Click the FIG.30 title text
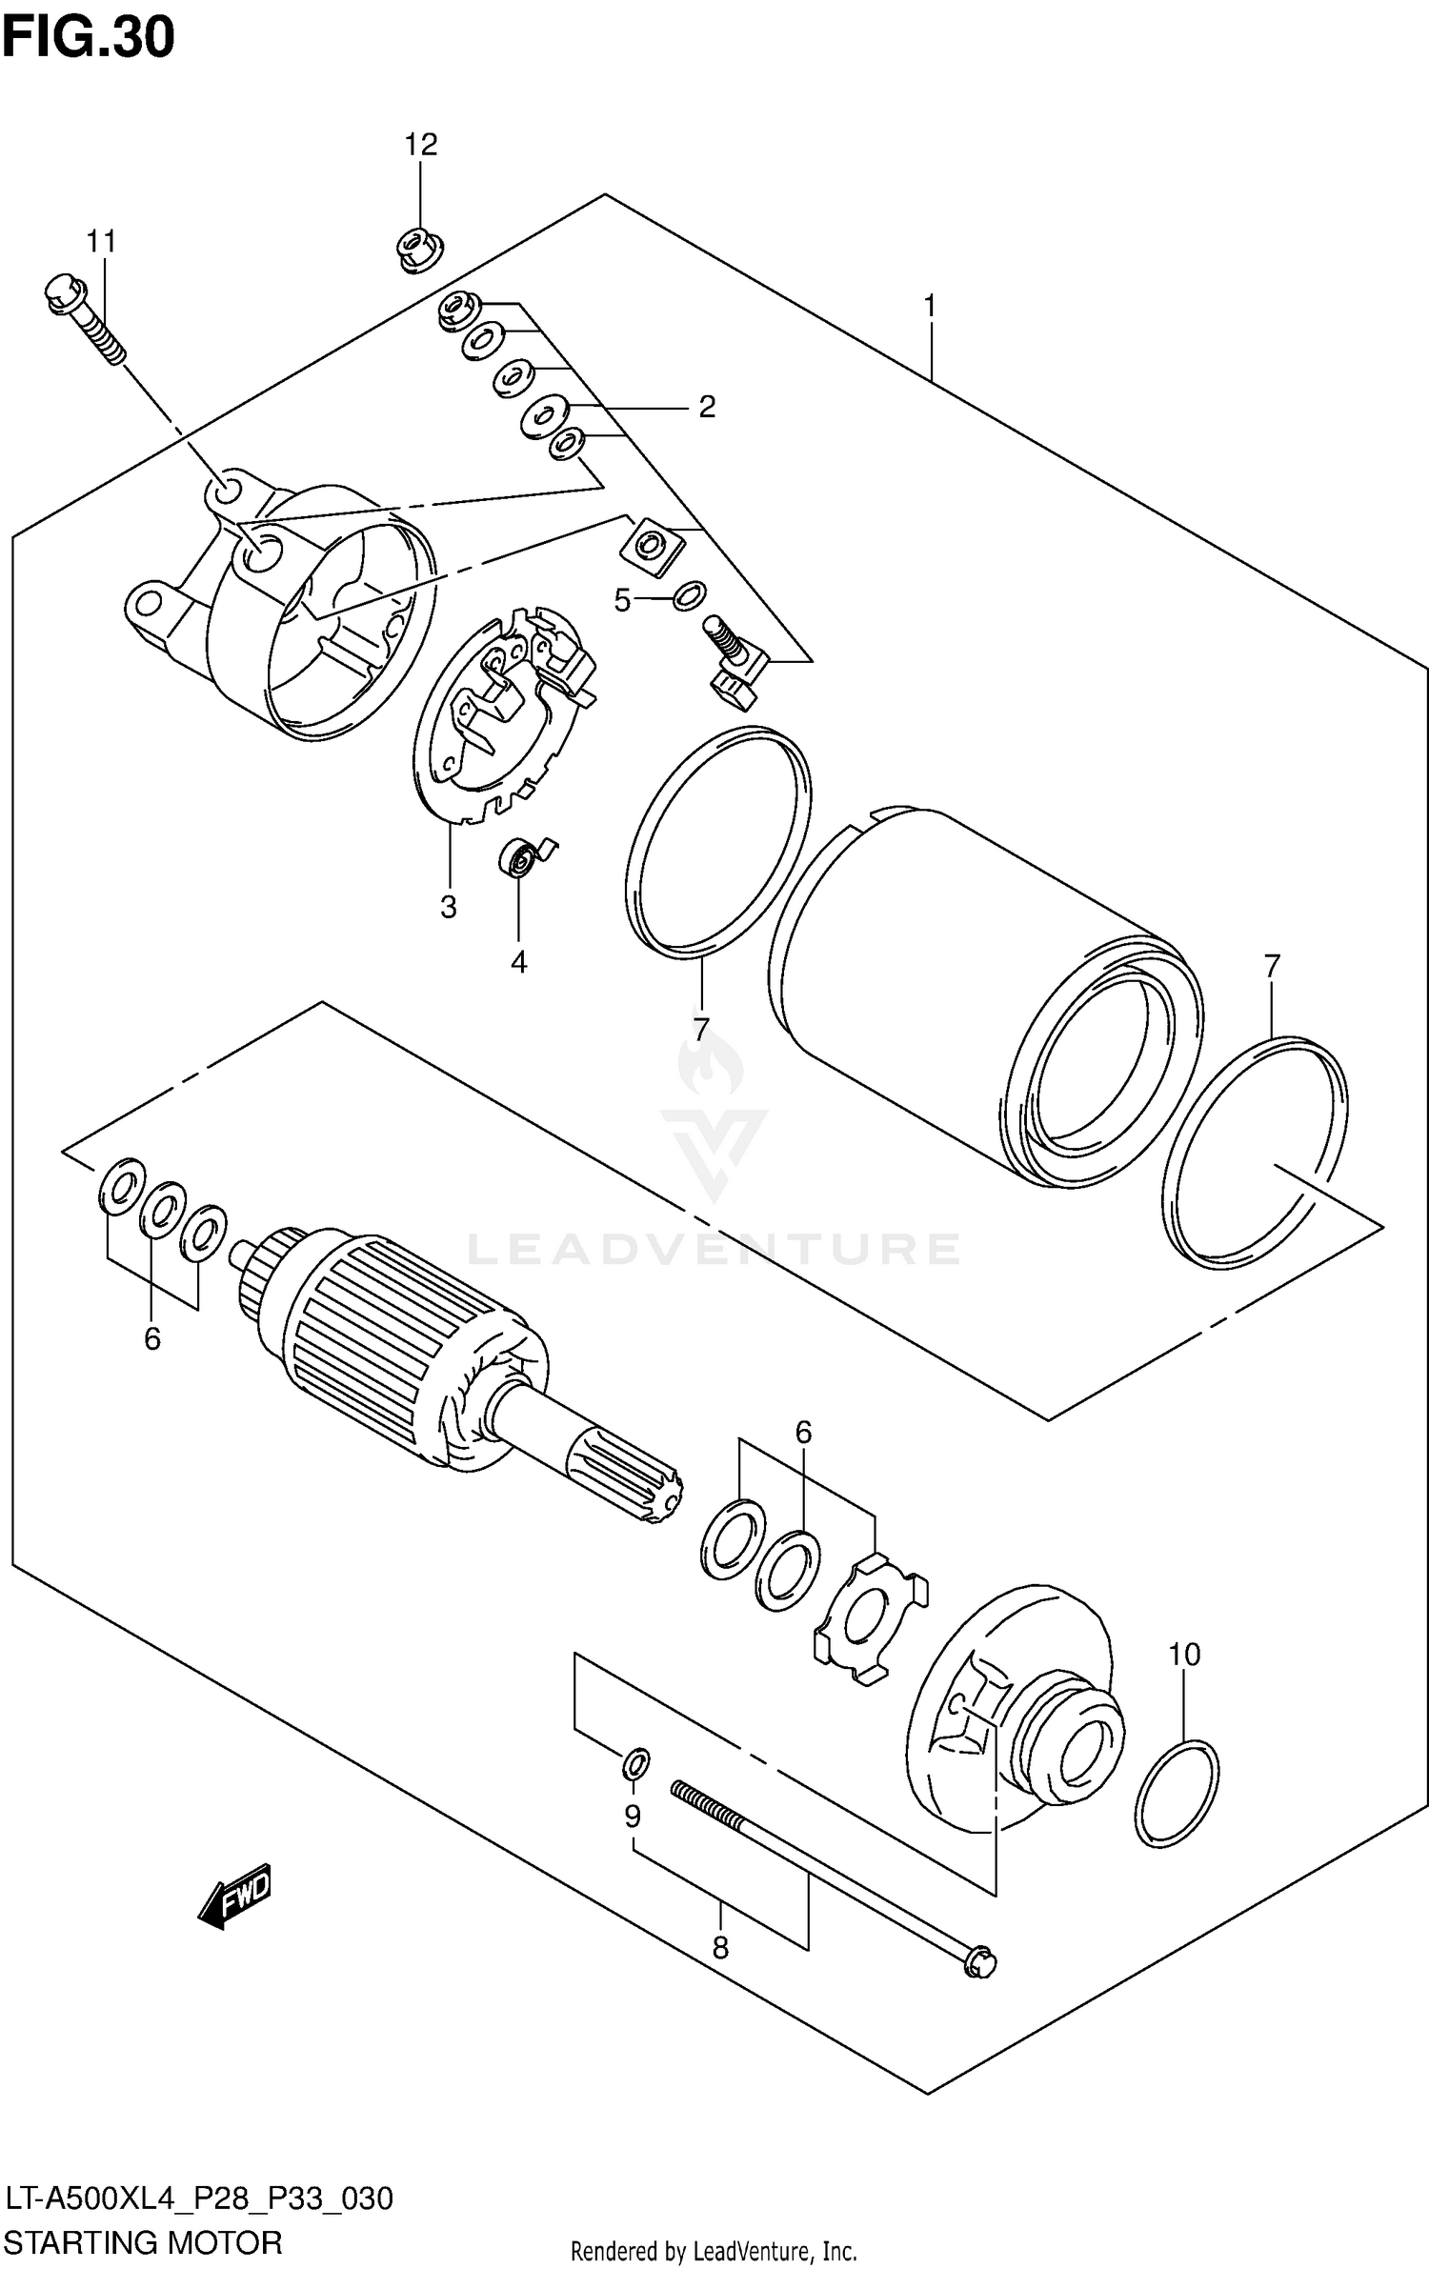[x=88, y=38]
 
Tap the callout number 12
[x=420, y=145]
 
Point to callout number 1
[x=930, y=307]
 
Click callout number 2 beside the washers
[x=706, y=407]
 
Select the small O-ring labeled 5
[x=689, y=596]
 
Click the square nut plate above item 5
[x=652, y=546]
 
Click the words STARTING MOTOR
[x=143, y=2242]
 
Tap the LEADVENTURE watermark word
[x=714, y=1248]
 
